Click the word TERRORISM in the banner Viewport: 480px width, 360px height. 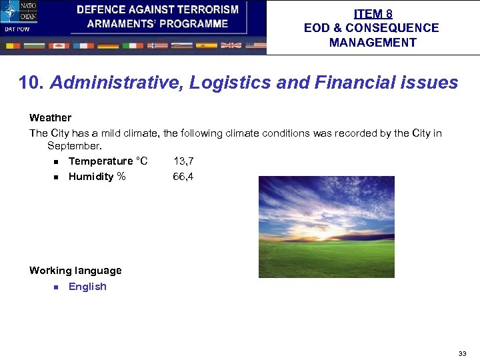point(207,10)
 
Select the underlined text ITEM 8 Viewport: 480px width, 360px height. point(373,14)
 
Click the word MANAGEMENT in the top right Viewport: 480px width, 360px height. point(372,43)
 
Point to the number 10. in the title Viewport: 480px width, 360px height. point(31,83)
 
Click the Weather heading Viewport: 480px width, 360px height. point(50,117)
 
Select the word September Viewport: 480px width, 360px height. point(75,145)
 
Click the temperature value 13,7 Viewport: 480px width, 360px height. point(183,161)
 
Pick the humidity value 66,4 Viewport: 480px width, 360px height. point(183,177)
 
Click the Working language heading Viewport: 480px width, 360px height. point(75,271)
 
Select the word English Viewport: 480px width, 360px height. point(87,287)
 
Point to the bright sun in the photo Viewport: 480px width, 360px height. point(333,233)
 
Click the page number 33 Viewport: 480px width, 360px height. point(462,353)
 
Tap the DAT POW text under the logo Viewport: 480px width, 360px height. point(17,29)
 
